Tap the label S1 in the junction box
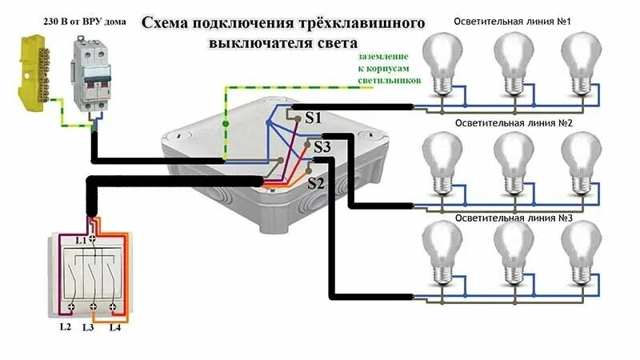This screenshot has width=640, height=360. pyautogui.click(x=313, y=118)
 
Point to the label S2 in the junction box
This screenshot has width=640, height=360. pyautogui.click(x=316, y=183)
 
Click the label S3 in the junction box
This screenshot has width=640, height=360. pyautogui.click(x=322, y=147)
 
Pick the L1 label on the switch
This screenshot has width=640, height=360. pyautogui.click(x=80, y=240)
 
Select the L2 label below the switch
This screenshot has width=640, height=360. pyautogui.click(x=65, y=327)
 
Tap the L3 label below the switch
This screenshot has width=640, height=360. pyautogui.click(x=89, y=327)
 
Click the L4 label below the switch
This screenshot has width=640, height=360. pyautogui.click(x=114, y=327)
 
